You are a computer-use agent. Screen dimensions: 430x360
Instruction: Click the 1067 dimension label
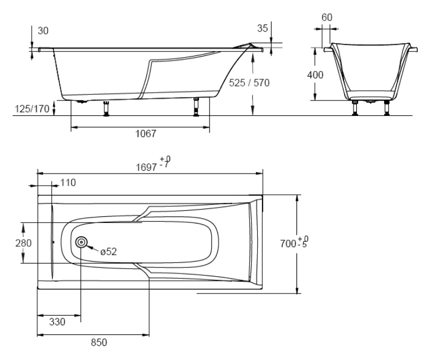coord(146,134)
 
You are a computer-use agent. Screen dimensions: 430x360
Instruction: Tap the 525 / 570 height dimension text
coord(249,83)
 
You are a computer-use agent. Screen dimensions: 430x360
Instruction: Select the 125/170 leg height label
coord(32,109)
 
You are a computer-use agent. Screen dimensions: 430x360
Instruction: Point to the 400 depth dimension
coord(315,75)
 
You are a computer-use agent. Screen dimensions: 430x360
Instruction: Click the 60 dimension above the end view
coord(326,18)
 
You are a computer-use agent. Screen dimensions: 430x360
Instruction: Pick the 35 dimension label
coord(263,28)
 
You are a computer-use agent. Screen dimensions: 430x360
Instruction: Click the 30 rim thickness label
coord(43,31)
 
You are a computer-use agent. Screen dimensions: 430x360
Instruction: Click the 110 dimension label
coord(68,182)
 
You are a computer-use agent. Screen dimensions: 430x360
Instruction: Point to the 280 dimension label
coord(23,243)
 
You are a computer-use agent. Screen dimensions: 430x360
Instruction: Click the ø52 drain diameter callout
coord(109,251)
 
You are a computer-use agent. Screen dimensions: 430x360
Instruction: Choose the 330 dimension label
coord(57,322)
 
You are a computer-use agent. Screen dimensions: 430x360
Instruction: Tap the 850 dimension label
coord(99,342)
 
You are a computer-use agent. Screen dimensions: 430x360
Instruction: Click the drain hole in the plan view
coord(81,242)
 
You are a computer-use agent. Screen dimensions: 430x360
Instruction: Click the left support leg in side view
coord(106,109)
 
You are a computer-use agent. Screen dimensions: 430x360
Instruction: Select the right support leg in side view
coord(196,107)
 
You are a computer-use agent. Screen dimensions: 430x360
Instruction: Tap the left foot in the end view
coord(355,108)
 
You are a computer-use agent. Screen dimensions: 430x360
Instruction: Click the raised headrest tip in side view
coord(250,44)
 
